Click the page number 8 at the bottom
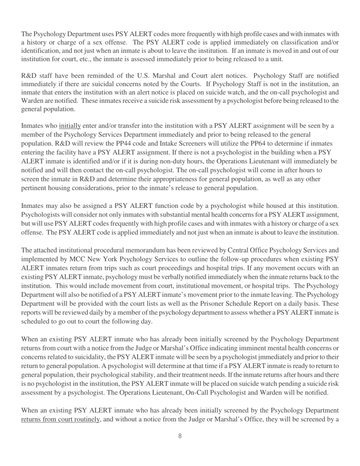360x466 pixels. coord(180,447)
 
